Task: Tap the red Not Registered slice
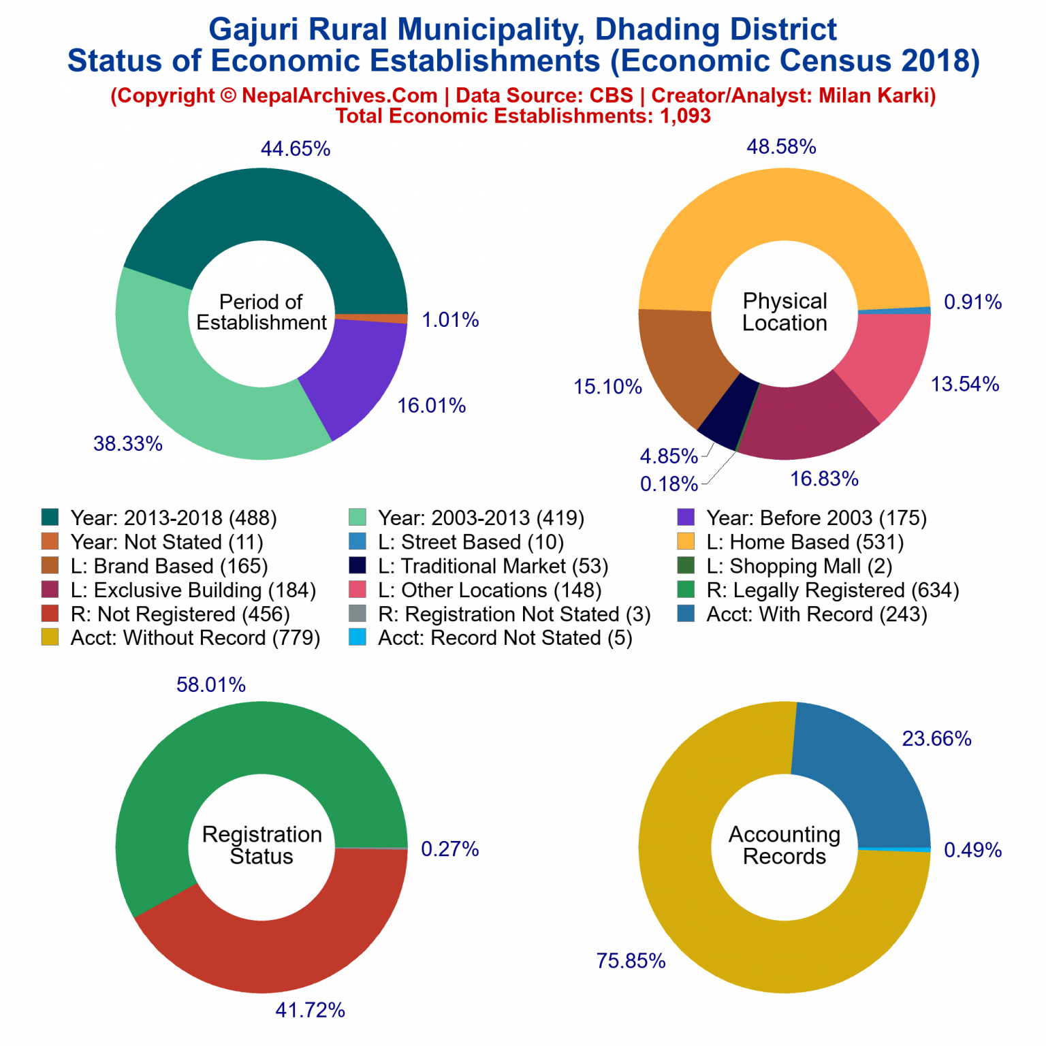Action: [x=272, y=953]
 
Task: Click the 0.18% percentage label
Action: [x=669, y=484]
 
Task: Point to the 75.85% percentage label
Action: [x=631, y=961]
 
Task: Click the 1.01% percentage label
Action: [x=450, y=319]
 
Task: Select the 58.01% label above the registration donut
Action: [x=210, y=684]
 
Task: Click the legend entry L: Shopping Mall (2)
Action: [x=799, y=566]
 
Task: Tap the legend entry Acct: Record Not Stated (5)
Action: [x=505, y=638]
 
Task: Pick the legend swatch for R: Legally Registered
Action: [x=686, y=590]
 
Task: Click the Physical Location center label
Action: [x=784, y=312]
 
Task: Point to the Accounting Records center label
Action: [x=784, y=845]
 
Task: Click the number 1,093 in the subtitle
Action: [x=685, y=116]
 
